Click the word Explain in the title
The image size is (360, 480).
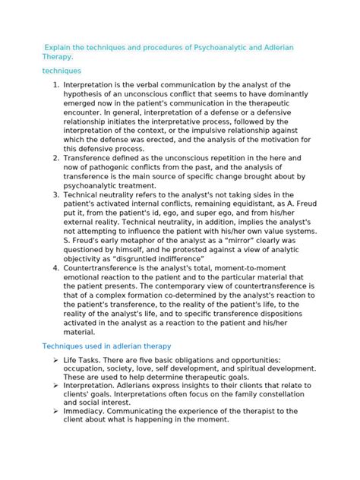[61, 48]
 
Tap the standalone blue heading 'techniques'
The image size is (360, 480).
[62, 71]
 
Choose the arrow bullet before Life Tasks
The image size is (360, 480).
[56, 360]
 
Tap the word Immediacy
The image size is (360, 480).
[88, 411]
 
